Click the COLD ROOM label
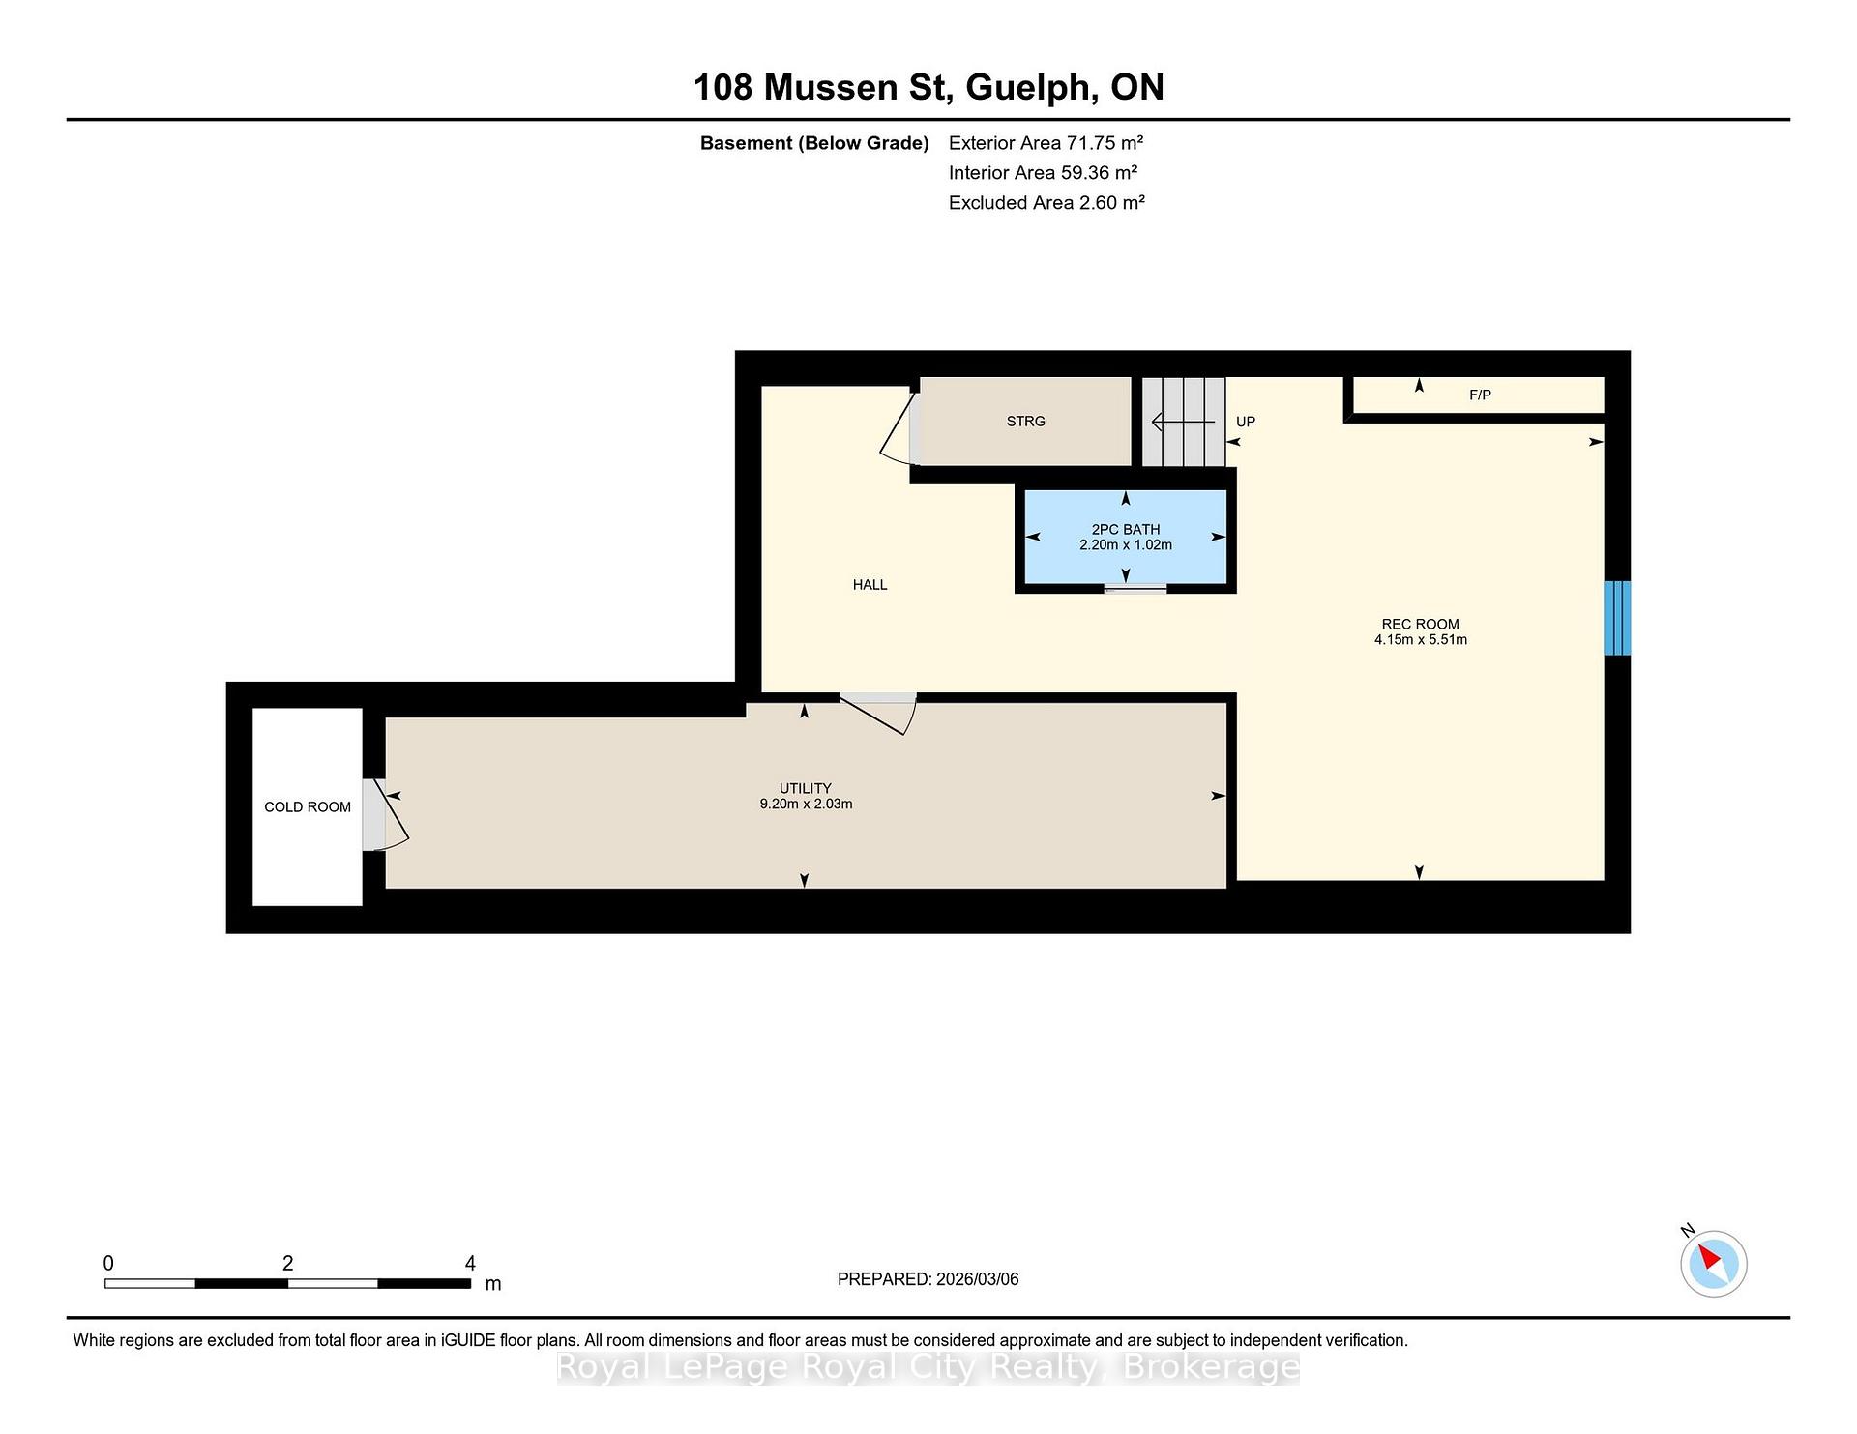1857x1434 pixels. (x=308, y=806)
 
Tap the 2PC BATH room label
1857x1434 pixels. (x=1126, y=529)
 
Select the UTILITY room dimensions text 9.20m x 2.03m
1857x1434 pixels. (x=806, y=804)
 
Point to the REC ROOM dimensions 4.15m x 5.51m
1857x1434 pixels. (x=1421, y=639)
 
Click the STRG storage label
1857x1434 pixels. (x=1026, y=421)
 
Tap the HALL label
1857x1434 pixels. (x=870, y=584)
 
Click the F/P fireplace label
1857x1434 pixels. (x=1480, y=395)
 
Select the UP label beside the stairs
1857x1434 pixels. (x=1246, y=422)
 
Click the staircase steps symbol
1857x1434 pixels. (x=1184, y=422)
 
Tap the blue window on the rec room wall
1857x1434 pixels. (x=1617, y=618)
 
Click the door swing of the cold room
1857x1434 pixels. (x=386, y=815)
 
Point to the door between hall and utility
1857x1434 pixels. (x=878, y=714)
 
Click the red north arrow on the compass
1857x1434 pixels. (x=1708, y=1257)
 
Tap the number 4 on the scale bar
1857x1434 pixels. (x=470, y=1263)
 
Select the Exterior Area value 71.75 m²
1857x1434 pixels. (x=1105, y=143)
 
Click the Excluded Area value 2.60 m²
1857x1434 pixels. (x=1111, y=202)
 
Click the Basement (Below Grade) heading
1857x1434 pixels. (x=814, y=144)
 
